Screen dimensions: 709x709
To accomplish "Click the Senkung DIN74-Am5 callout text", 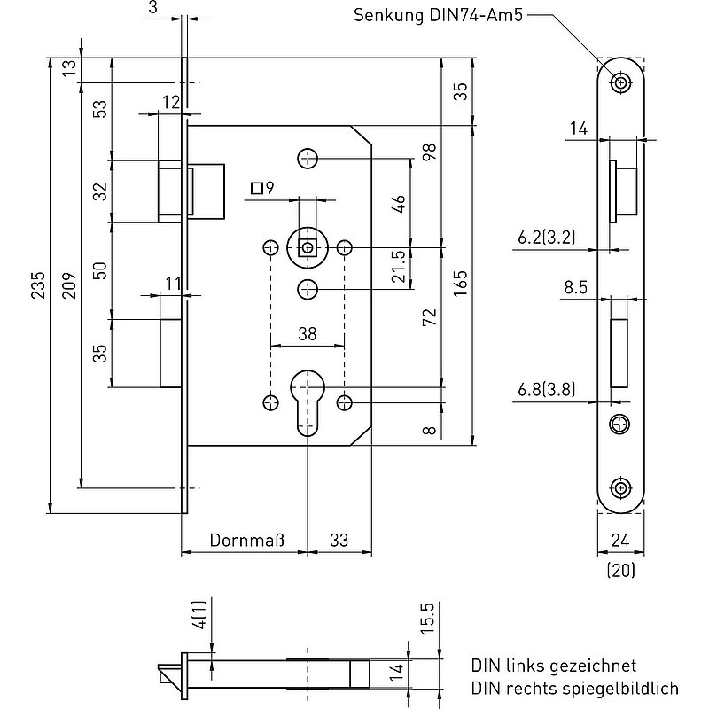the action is pos(438,15).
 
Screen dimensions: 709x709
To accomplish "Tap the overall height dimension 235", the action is pos(38,284).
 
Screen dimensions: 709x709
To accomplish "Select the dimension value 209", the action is pos(69,284).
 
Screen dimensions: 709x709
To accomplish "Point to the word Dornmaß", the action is pos(247,540).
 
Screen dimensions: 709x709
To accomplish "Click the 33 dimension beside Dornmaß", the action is pos(339,540).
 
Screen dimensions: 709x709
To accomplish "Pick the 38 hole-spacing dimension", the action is pos(308,334).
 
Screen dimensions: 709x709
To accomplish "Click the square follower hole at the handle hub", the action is pos(308,248).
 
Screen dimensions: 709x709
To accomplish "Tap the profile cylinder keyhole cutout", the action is pos(308,402).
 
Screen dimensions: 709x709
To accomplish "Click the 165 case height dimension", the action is pos(460,284).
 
